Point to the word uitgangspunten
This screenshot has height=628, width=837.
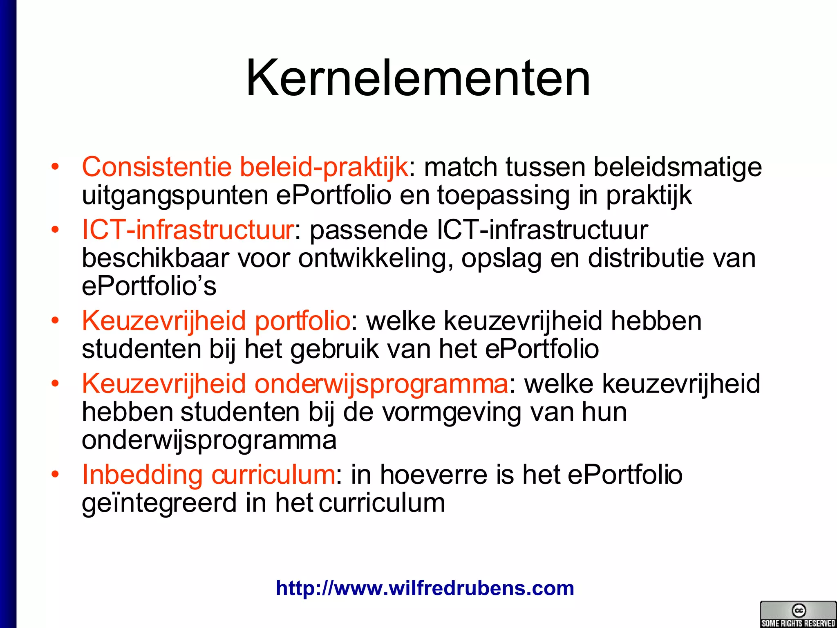pyautogui.click(x=175, y=195)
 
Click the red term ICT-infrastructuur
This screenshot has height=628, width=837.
pyautogui.click(x=188, y=230)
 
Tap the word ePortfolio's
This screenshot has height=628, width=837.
pyautogui.click(x=149, y=286)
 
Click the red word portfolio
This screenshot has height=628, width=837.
pyautogui.click(x=302, y=321)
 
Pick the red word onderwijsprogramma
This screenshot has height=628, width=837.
pyautogui.click(x=381, y=384)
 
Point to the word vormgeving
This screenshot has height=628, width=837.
pyautogui.click(x=452, y=412)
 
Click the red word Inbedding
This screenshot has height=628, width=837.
pyautogui.click(x=142, y=475)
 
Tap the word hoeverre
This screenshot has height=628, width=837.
pyautogui.click(x=434, y=475)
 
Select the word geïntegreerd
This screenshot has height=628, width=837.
pyautogui.click(x=159, y=503)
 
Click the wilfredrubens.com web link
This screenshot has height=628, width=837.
pyautogui.click(x=425, y=588)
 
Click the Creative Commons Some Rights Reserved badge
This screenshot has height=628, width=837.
pyautogui.click(x=798, y=614)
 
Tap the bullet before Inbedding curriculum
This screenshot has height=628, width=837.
pyautogui.click(x=55, y=475)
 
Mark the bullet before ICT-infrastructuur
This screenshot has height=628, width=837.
pyautogui.click(x=55, y=230)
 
